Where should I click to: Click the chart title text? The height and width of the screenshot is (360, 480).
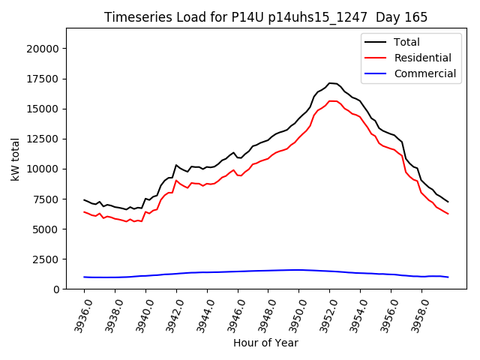266,17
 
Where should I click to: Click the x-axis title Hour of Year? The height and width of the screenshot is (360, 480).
265,343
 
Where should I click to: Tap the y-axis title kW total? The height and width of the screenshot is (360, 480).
15,158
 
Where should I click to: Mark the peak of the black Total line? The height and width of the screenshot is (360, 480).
331,83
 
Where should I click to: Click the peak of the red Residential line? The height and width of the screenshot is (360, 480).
331,101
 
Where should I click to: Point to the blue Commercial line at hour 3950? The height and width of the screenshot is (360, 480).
298,270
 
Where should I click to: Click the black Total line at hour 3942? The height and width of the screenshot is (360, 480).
176,165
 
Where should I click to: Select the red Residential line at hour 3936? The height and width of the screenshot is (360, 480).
84,211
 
